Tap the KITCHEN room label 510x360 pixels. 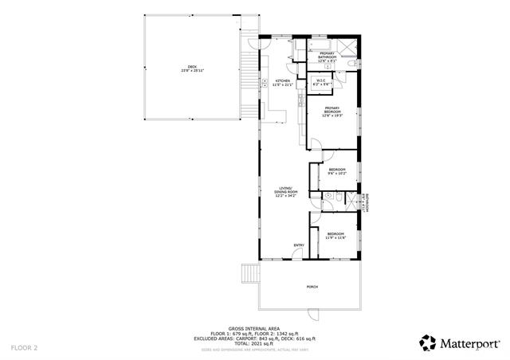click(284, 81)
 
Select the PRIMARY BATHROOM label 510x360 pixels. click(328, 55)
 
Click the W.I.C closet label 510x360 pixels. click(320, 80)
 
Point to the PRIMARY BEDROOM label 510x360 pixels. click(331, 109)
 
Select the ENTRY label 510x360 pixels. click(298, 245)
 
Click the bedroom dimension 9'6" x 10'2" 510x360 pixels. click(337, 173)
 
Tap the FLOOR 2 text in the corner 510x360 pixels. click(24, 347)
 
